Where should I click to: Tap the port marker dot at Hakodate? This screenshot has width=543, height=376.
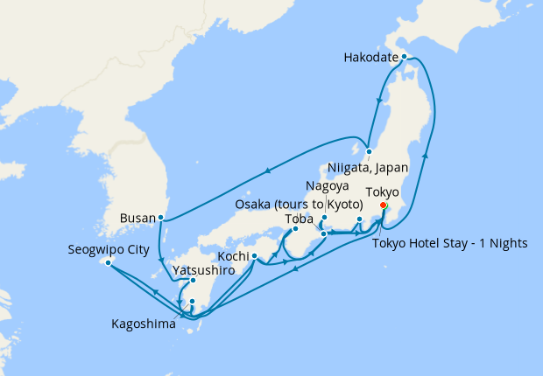[x=404, y=56]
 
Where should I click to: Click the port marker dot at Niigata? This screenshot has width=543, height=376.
[x=370, y=150]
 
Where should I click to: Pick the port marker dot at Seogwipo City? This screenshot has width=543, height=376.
[x=107, y=261]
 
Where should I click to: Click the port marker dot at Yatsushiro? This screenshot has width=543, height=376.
[x=193, y=281]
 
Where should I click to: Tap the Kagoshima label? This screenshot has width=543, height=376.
[x=143, y=324]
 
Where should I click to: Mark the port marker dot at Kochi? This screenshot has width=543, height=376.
[x=254, y=256]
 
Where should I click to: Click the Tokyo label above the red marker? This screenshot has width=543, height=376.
[x=381, y=191]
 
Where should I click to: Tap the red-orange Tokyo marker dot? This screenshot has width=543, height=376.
[x=383, y=205]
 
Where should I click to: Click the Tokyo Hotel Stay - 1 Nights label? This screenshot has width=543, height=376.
[x=450, y=242]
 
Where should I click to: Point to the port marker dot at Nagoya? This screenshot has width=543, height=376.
[x=324, y=218]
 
